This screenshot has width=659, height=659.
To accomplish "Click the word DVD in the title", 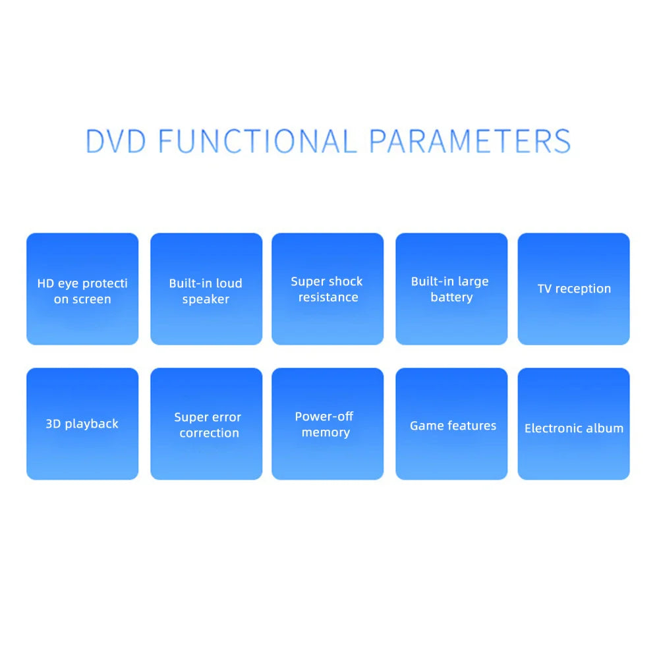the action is pyautogui.click(x=116, y=141).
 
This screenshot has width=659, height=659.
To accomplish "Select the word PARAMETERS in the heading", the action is pyautogui.click(x=471, y=141).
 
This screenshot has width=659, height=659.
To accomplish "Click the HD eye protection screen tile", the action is pyautogui.click(x=82, y=289).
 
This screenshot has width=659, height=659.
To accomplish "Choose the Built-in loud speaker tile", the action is pyautogui.click(x=206, y=289).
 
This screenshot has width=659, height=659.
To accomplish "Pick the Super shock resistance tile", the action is pyautogui.click(x=328, y=289).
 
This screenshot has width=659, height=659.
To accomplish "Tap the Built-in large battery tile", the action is pyautogui.click(x=451, y=289).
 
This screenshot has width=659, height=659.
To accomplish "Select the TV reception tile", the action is pyautogui.click(x=574, y=289).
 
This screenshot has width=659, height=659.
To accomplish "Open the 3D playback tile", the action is pyautogui.click(x=82, y=424).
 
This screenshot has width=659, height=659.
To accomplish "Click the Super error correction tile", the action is pyautogui.click(x=206, y=424).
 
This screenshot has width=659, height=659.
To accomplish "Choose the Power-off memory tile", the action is pyautogui.click(x=328, y=424).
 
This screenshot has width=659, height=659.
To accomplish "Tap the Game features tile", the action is pyautogui.click(x=451, y=424).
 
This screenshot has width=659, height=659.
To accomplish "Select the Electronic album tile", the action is pyautogui.click(x=574, y=424).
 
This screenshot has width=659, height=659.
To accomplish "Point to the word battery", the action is pyautogui.click(x=452, y=298).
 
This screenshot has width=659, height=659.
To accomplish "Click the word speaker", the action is pyautogui.click(x=206, y=299).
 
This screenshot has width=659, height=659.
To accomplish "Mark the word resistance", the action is pyautogui.click(x=328, y=297).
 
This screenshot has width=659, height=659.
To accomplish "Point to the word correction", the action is pyautogui.click(x=210, y=433).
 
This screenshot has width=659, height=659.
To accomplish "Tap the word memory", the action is pyautogui.click(x=326, y=433).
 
